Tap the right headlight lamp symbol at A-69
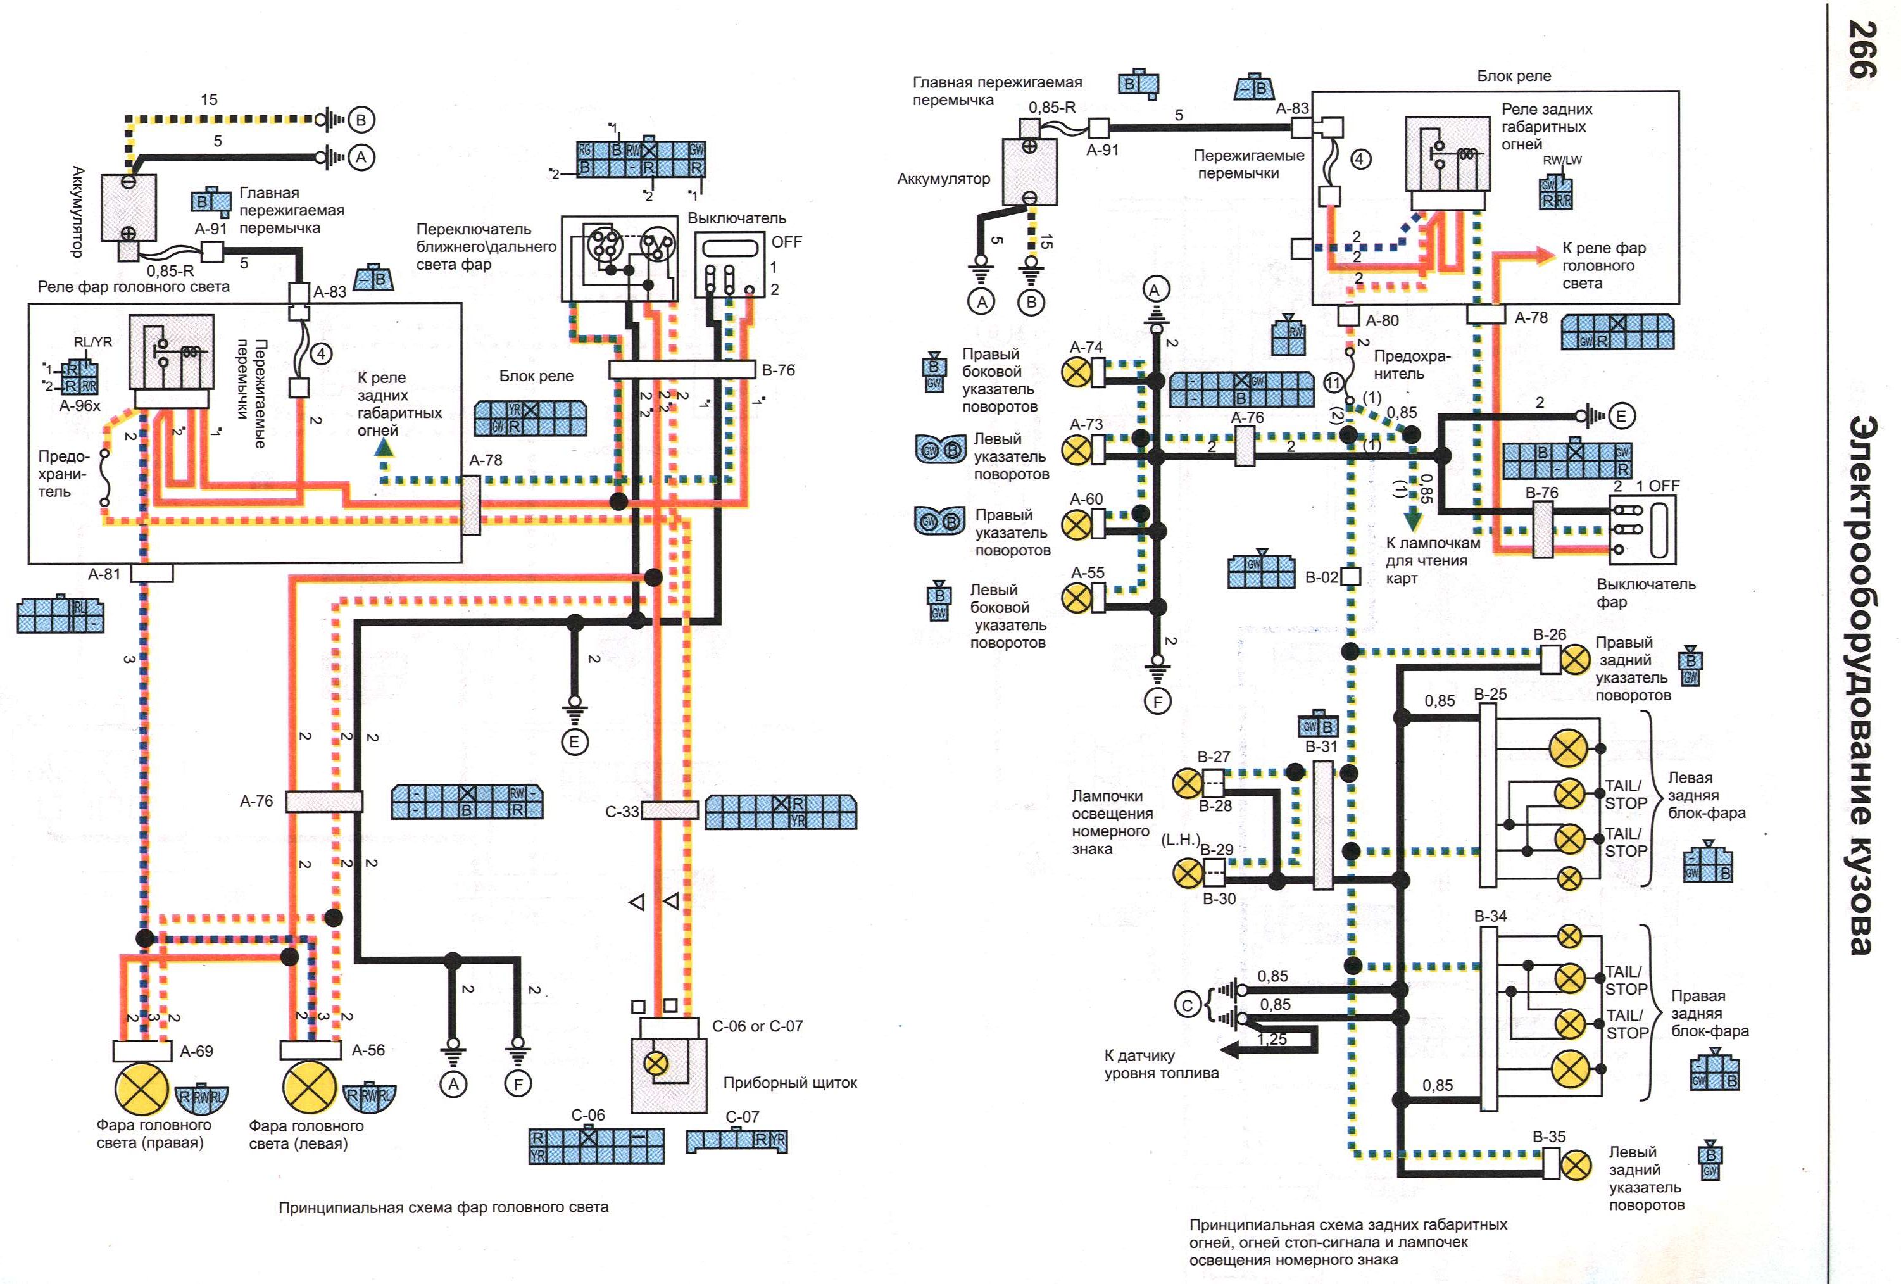(142, 1088)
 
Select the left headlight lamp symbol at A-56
(310, 1088)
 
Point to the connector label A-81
(104, 574)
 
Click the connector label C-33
(622, 812)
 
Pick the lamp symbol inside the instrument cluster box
(656, 1064)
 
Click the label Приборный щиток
(789, 1083)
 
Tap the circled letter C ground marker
(1188, 1004)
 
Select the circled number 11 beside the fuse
(1333, 383)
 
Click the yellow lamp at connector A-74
(1076, 373)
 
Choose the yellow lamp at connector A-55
(1076, 598)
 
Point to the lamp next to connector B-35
(1576, 1164)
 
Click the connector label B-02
(1321, 577)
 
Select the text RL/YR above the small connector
(92, 342)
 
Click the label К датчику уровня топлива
(1161, 1064)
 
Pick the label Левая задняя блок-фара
(1706, 795)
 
